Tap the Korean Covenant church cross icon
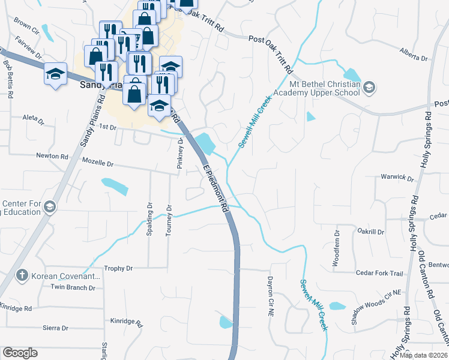tap(22, 275)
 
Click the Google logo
tap(20, 353)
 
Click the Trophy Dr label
tap(118, 268)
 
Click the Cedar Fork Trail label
tap(379, 273)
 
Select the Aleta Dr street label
tap(34, 119)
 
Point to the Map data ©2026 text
tap(424, 355)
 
